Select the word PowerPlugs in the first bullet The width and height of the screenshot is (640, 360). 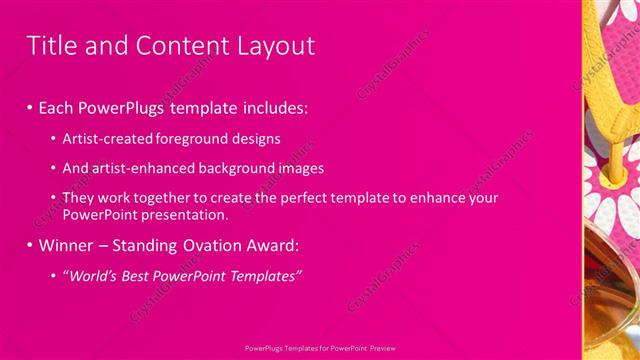click(x=117, y=106)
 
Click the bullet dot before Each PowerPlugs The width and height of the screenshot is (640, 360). click(x=30, y=106)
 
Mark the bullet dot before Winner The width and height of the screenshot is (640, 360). click(x=30, y=245)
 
